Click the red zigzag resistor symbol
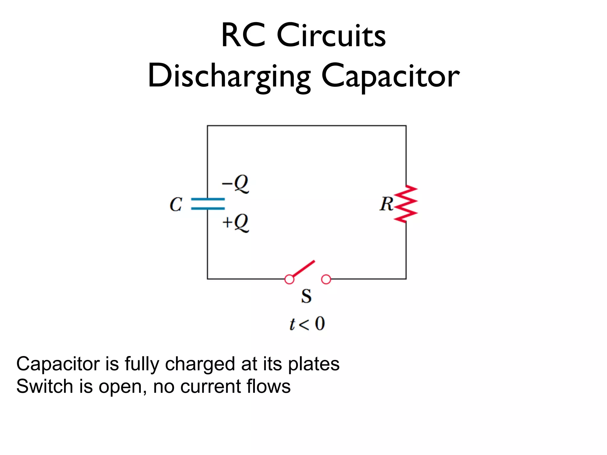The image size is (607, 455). coord(406,204)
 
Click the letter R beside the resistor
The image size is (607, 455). coord(386,204)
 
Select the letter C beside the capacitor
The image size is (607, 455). coord(176,204)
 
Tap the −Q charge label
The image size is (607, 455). coord(236,184)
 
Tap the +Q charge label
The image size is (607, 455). coord(236,223)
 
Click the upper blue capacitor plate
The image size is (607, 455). coord(208,199)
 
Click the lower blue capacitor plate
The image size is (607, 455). coord(208,209)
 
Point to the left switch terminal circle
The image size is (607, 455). coord(289,279)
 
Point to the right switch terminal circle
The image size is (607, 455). coord(326,279)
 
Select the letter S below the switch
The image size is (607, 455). coord(306,296)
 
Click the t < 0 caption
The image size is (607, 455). coord(307,323)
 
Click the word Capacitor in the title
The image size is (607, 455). coord(390,76)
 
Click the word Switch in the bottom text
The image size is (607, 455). coord(44,386)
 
